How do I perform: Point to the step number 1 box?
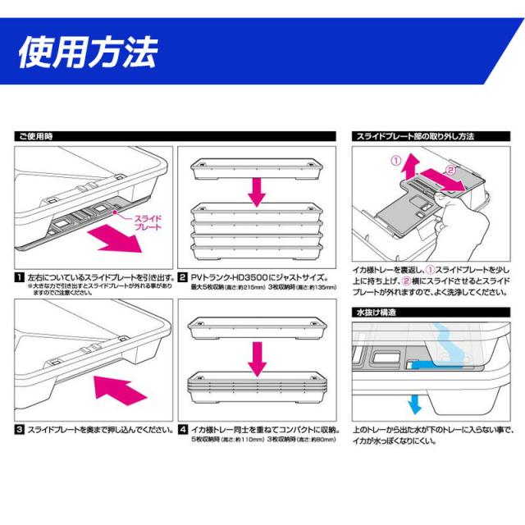[x=18, y=277]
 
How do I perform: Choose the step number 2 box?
[x=184, y=277]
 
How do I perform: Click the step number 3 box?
[x=18, y=429]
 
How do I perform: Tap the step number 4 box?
[x=184, y=429]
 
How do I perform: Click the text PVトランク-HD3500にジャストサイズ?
[x=259, y=277]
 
